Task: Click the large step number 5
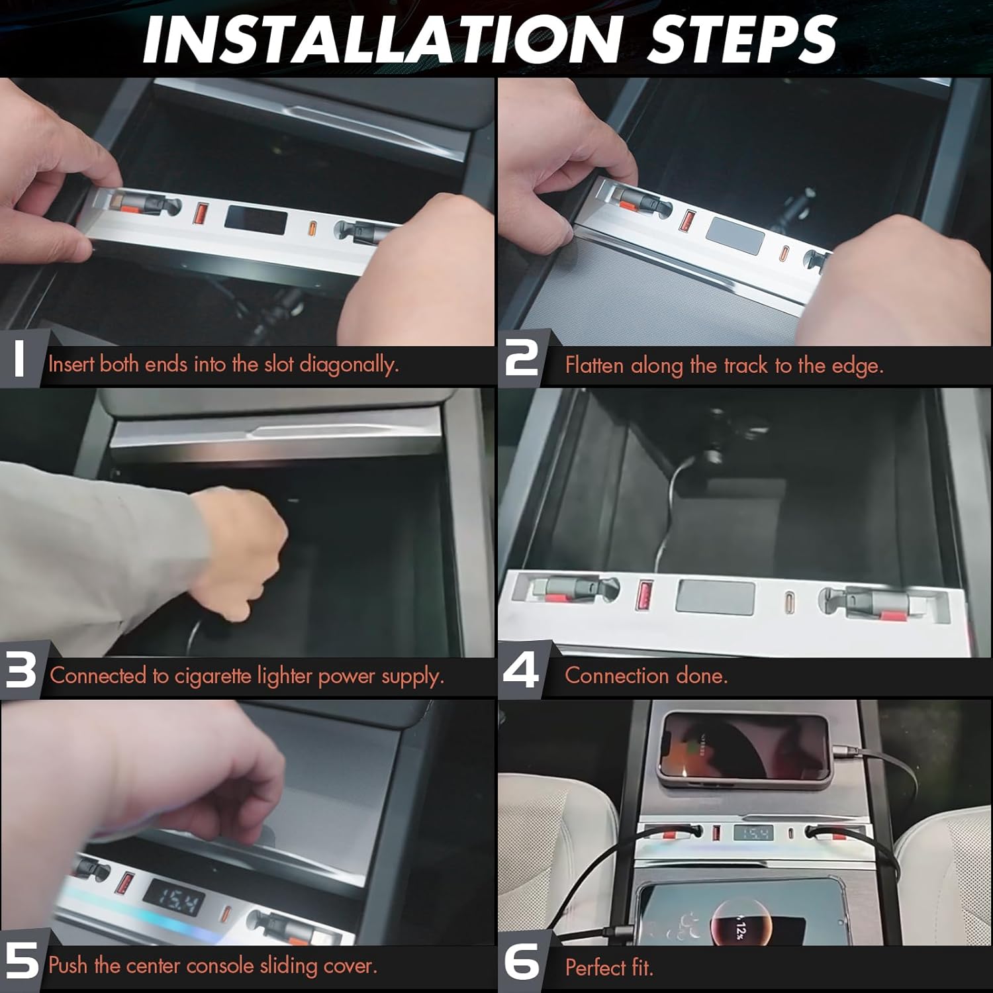(22, 961)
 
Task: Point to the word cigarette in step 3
(213, 676)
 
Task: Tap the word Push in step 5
(68, 965)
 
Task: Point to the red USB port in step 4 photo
(643, 593)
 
